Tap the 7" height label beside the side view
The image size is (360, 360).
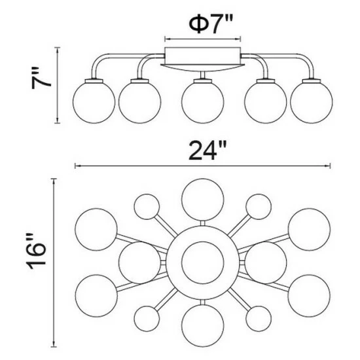(41, 78)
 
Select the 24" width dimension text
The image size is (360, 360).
(207, 151)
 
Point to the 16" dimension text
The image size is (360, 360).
(36, 251)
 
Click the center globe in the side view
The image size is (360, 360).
(202, 102)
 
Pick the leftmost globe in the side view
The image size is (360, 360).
(94, 102)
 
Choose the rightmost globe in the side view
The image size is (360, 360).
(311, 102)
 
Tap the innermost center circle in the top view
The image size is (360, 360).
(202, 262)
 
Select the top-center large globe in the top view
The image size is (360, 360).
(202, 200)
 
